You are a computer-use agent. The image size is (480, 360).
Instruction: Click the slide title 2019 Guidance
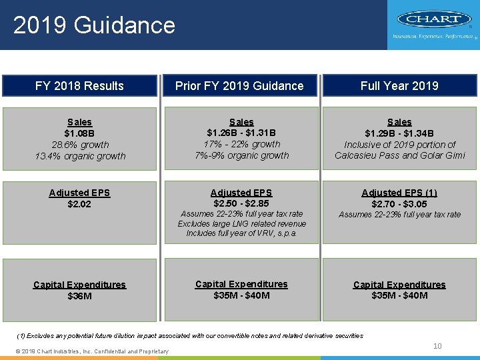(x=94, y=25)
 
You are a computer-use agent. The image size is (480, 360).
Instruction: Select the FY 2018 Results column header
(x=79, y=86)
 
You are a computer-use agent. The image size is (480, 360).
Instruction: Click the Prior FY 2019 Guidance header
(x=239, y=86)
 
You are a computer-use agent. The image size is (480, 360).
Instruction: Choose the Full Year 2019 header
(x=399, y=86)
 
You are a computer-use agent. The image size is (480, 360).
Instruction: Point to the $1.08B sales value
(x=79, y=133)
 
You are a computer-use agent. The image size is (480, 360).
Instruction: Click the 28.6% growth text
(x=79, y=145)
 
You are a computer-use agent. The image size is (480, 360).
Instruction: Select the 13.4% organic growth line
(x=80, y=156)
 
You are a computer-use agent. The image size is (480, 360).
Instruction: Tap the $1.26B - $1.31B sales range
(x=241, y=133)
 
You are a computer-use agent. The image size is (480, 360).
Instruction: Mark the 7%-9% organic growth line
(x=241, y=155)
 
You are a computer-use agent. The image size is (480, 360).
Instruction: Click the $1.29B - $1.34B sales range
(x=399, y=133)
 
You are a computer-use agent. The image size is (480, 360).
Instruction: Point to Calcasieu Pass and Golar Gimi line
(x=399, y=156)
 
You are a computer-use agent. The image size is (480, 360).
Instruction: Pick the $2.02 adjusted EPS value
(x=79, y=204)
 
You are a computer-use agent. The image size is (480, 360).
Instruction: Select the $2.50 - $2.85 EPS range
(x=241, y=203)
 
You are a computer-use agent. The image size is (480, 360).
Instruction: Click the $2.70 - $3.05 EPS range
(x=399, y=203)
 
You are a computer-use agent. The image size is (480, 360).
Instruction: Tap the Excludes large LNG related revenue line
(x=241, y=224)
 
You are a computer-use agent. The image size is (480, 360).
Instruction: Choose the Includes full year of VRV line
(x=241, y=233)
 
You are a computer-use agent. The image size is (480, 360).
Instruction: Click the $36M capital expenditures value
(x=79, y=296)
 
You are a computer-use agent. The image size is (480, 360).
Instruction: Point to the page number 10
(x=437, y=346)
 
